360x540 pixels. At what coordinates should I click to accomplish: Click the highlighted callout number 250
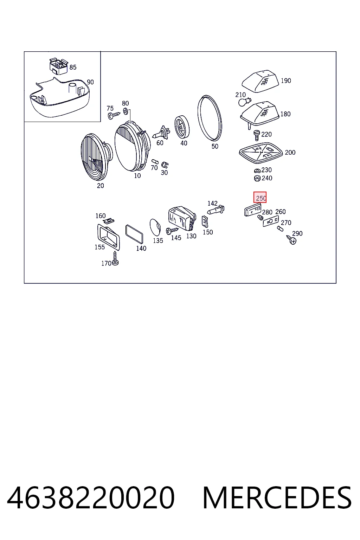(x=260, y=198)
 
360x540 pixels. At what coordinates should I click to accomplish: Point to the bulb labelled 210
(x=244, y=102)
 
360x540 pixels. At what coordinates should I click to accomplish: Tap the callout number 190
(x=286, y=81)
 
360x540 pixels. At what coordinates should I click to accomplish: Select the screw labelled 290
(x=291, y=240)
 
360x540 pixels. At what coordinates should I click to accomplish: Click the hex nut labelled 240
(x=257, y=178)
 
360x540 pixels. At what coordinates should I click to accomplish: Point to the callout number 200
(x=290, y=153)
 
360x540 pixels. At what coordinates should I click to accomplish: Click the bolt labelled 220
(x=257, y=135)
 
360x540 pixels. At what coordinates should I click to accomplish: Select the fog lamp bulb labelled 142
(x=216, y=210)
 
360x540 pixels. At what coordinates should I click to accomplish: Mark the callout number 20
(x=100, y=186)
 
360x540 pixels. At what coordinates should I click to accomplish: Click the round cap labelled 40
(x=182, y=127)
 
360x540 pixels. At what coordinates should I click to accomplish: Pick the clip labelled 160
(x=108, y=220)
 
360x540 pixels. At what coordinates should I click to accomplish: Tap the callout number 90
(x=90, y=82)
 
